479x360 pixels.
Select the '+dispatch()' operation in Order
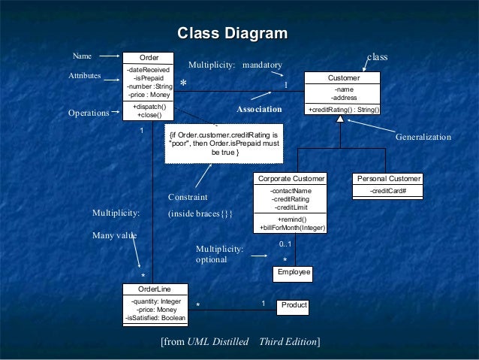pyautogui.click(x=149, y=108)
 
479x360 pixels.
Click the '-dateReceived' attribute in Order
pyautogui.click(x=149, y=70)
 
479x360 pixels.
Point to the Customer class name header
pyautogui.click(x=344, y=78)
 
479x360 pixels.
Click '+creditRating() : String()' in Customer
pyautogui.click(x=344, y=110)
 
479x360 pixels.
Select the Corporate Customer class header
pyautogui.click(x=291, y=179)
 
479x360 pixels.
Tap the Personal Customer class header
pyautogui.click(x=388, y=179)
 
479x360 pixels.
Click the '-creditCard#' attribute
pyautogui.click(x=388, y=191)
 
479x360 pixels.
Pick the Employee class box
pyautogui.click(x=294, y=272)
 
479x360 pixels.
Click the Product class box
pyautogui.click(x=294, y=305)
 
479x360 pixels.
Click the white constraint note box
pyautogui.click(x=224, y=144)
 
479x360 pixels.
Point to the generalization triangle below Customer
pyautogui.click(x=340, y=119)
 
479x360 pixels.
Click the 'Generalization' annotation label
pyautogui.click(x=423, y=138)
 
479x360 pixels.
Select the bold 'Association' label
pyautogui.click(x=260, y=110)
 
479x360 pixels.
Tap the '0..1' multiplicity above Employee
pyautogui.click(x=286, y=244)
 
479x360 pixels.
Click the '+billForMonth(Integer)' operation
pyautogui.click(x=291, y=227)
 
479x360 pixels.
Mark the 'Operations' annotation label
pyautogui.click(x=89, y=113)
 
